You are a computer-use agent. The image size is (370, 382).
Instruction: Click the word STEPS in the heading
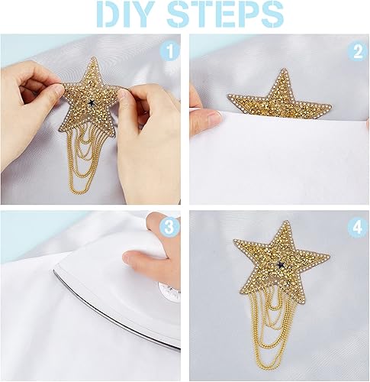[225, 14]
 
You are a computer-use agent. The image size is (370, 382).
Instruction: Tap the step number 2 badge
[358, 52]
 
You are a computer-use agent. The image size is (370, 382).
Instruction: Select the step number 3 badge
[169, 228]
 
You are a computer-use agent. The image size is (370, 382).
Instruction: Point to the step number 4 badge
[358, 228]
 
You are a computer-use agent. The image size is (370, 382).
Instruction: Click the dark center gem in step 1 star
[91, 102]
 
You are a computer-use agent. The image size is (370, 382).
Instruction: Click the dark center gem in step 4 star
[280, 264]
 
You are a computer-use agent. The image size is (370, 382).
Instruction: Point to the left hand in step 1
[31, 109]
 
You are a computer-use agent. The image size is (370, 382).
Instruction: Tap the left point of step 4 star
[234, 240]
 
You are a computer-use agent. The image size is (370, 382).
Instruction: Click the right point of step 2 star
[330, 106]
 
